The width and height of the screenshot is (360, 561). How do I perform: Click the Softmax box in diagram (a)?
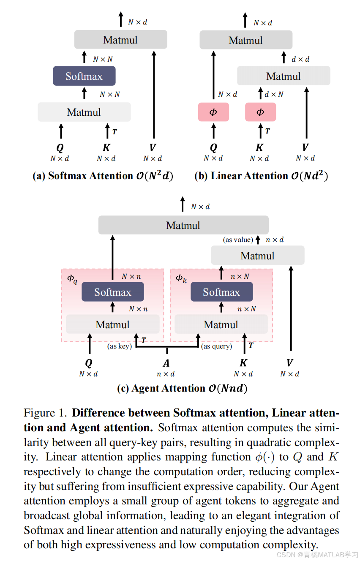pyautogui.click(x=84, y=76)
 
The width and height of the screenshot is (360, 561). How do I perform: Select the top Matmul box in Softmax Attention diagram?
pyautogui.click(x=120, y=40)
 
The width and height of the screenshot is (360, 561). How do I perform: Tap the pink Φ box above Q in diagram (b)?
pyautogui.click(x=213, y=112)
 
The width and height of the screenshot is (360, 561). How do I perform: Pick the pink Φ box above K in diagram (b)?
pyautogui.click(x=260, y=112)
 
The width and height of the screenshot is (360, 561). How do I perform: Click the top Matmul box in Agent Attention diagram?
pyautogui.click(x=183, y=225)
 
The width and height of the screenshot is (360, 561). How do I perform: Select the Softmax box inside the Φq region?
pyautogui.click(x=112, y=292)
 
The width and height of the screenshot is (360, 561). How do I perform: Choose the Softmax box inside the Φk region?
pyautogui.click(x=221, y=292)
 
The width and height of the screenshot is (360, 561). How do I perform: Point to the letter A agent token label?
pyautogui.click(x=166, y=363)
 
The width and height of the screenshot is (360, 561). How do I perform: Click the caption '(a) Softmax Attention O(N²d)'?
pyautogui.click(x=103, y=176)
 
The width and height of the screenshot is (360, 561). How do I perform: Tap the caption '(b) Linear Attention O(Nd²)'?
pyautogui.click(x=261, y=176)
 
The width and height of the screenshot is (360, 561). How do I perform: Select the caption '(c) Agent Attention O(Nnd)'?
pyautogui.click(x=182, y=388)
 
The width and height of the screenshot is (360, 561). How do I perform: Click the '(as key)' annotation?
pyautogui.click(x=120, y=346)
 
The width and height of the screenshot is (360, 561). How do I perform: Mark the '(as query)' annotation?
pyautogui.click(x=217, y=346)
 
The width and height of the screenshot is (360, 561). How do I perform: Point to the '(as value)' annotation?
pyautogui.click(x=238, y=240)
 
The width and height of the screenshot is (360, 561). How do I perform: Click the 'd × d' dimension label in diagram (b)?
pyautogui.click(x=300, y=60)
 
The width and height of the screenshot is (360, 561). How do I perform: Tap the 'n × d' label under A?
pyautogui.click(x=166, y=374)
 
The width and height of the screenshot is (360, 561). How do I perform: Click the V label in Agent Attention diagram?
pyautogui.click(x=290, y=363)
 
